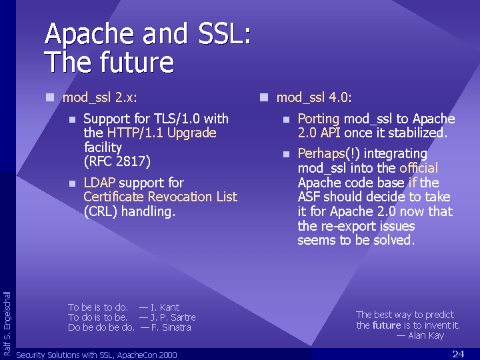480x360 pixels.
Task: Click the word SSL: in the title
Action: tap(225, 33)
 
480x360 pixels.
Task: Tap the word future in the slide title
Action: tap(137, 62)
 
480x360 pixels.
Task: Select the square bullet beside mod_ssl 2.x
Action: tap(50, 97)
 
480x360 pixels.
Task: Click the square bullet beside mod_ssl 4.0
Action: tap(264, 97)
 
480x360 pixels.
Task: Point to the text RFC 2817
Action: tap(117, 161)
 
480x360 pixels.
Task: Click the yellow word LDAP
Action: tap(99, 183)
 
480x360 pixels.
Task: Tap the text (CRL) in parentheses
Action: tap(101, 211)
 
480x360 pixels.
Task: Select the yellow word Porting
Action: tap(319, 119)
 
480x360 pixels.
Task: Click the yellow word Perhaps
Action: tap(321, 154)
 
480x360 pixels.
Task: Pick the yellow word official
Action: tap(419, 168)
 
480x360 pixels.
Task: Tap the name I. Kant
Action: tap(165, 307)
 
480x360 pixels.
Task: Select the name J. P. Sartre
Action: tap(173, 317)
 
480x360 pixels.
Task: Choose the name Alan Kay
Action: tap(426, 335)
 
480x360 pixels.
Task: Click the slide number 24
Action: tap(458, 354)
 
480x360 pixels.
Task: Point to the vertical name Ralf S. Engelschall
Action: tap(7, 323)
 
